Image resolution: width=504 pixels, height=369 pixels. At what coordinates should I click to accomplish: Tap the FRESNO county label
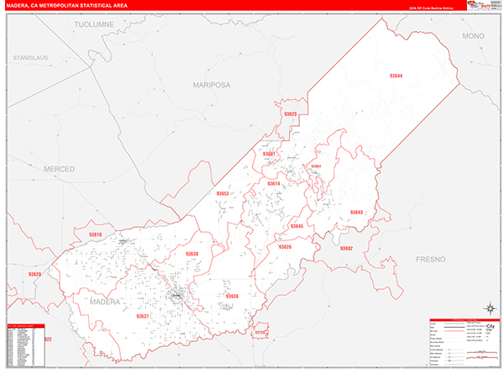coord(434,259)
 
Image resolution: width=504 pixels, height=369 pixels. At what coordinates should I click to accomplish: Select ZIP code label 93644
coord(396,76)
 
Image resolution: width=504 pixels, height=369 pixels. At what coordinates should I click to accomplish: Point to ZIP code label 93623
coord(291,113)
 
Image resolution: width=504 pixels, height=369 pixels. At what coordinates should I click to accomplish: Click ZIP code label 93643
coord(357,212)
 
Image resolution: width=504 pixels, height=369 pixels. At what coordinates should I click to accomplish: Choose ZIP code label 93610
coord(95,235)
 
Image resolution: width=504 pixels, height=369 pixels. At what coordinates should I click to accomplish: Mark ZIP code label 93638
coord(192,253)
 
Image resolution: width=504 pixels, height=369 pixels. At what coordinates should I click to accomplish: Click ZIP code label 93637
coord(142,316)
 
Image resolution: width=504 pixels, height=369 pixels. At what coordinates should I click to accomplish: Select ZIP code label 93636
coord(232,296)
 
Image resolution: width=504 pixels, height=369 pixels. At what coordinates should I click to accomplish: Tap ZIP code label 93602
coord(346,248)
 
